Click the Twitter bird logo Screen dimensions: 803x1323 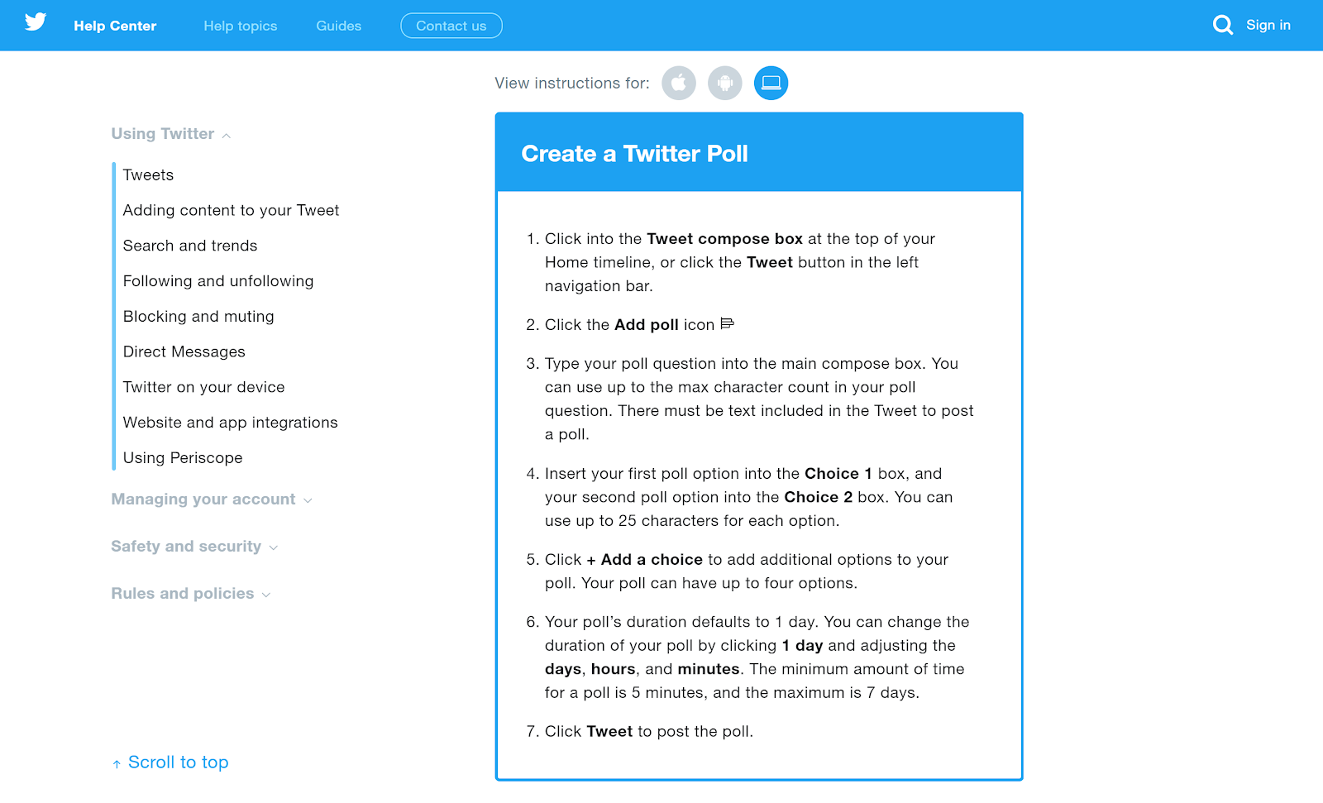point(36,22)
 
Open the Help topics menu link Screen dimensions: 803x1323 point(241,26)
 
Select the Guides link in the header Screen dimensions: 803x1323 point(339,26)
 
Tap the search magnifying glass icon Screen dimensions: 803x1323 point(1222,25)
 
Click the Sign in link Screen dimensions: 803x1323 point(1268,25)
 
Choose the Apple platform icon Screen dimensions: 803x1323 point(679,83)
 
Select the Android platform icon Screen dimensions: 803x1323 point(725,83)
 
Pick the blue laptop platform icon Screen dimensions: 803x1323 point(771,83)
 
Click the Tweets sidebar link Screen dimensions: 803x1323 point(149,175)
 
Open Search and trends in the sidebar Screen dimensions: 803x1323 point(190,246)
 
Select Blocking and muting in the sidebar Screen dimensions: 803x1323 point(198,317)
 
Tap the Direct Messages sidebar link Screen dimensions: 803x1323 point(184,352)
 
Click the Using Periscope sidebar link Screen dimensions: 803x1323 point(183,458)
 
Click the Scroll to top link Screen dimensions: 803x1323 point(178,762)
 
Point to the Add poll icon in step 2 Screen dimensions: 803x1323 point(728,324)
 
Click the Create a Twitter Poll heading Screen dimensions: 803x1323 point(634,154)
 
